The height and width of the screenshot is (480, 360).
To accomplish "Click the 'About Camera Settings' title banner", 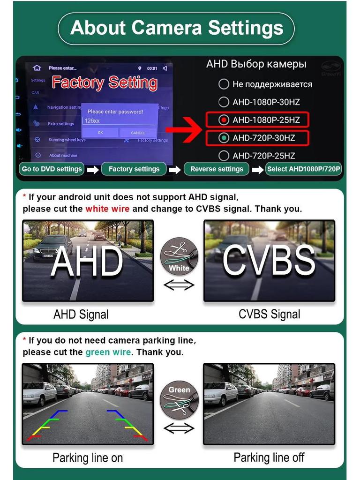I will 176,28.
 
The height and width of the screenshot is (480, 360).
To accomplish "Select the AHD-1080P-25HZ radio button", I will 224,120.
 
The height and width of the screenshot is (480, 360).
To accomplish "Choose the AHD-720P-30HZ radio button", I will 224,138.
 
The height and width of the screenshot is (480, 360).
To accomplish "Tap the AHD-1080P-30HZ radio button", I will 224,102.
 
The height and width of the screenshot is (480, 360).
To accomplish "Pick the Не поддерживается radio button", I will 224,84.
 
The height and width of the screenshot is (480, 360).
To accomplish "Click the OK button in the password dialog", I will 100,133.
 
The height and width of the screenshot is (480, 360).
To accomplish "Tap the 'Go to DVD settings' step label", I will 52,169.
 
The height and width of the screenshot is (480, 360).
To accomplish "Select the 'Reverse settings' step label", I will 217,169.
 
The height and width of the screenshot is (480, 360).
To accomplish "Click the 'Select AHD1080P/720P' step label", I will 304,169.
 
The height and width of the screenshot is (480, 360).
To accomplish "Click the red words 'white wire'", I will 107,209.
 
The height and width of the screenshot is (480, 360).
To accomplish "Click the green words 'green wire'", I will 108,352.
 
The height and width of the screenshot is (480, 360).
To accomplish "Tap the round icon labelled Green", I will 179,400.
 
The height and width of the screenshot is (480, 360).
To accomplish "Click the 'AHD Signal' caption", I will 81,315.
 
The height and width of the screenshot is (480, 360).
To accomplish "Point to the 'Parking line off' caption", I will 269,457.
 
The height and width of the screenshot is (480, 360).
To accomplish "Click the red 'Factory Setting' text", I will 105,82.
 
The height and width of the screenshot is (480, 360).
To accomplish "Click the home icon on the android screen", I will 37,68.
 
